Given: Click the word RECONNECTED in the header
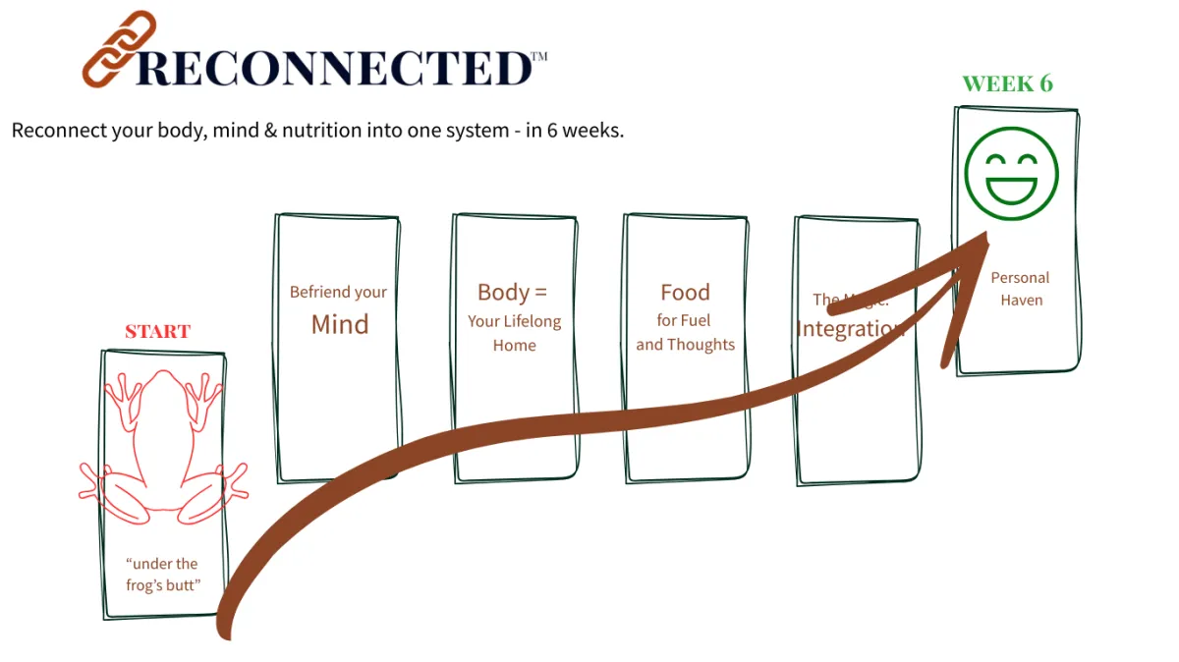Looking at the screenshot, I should coord(333,68).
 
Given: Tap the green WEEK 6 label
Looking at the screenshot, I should coord(1007,84).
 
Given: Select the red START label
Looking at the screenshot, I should coord(157,331).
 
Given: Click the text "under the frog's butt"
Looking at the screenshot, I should coord(162,576).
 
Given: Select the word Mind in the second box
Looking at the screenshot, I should coord(339,324).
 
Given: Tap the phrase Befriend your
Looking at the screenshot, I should coord(338,292).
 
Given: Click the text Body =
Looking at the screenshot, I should coord(512,292).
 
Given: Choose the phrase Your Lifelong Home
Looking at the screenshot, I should coord(515,333).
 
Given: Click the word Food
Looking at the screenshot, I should coord(685,292).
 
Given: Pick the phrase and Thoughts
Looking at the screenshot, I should coord(685,345).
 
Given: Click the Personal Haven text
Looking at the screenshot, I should coord(1020,289).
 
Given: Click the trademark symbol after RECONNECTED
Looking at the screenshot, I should coord(538,57).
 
